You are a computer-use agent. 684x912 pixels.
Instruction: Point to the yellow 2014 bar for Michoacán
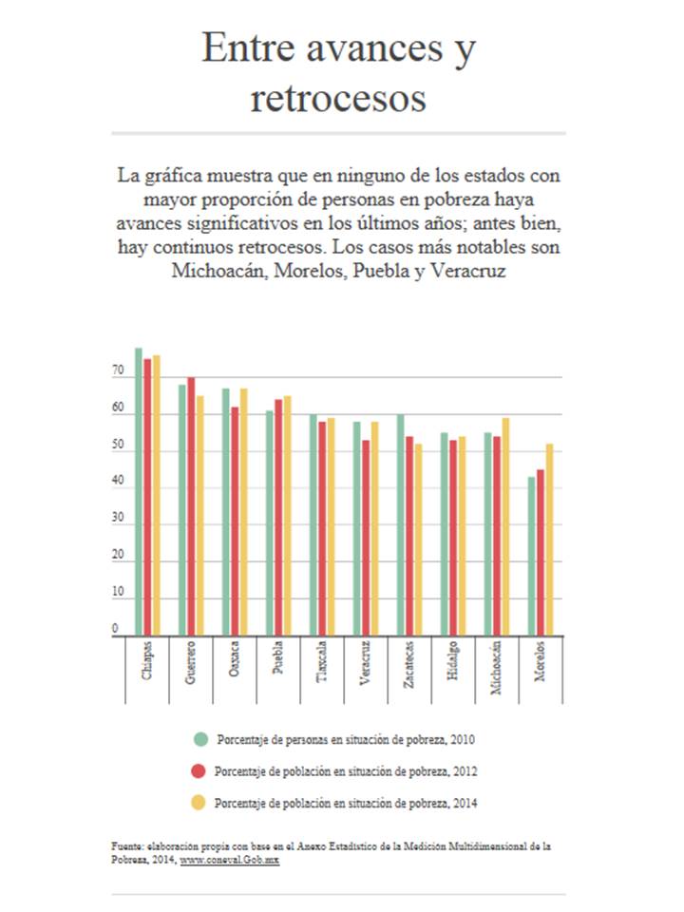pos(505,526)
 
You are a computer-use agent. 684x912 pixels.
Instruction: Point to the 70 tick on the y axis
pos(118,376)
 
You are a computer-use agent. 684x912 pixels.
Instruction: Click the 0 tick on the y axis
pos(115,629)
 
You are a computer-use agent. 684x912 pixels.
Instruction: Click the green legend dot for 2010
pos(199,739)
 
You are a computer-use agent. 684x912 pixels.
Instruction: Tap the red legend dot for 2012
pos(199,770)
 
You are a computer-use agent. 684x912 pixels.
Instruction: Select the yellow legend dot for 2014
pos(199,803)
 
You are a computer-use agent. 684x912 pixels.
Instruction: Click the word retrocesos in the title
pos(338,97)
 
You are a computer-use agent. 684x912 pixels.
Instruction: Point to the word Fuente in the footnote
pos(125,845)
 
